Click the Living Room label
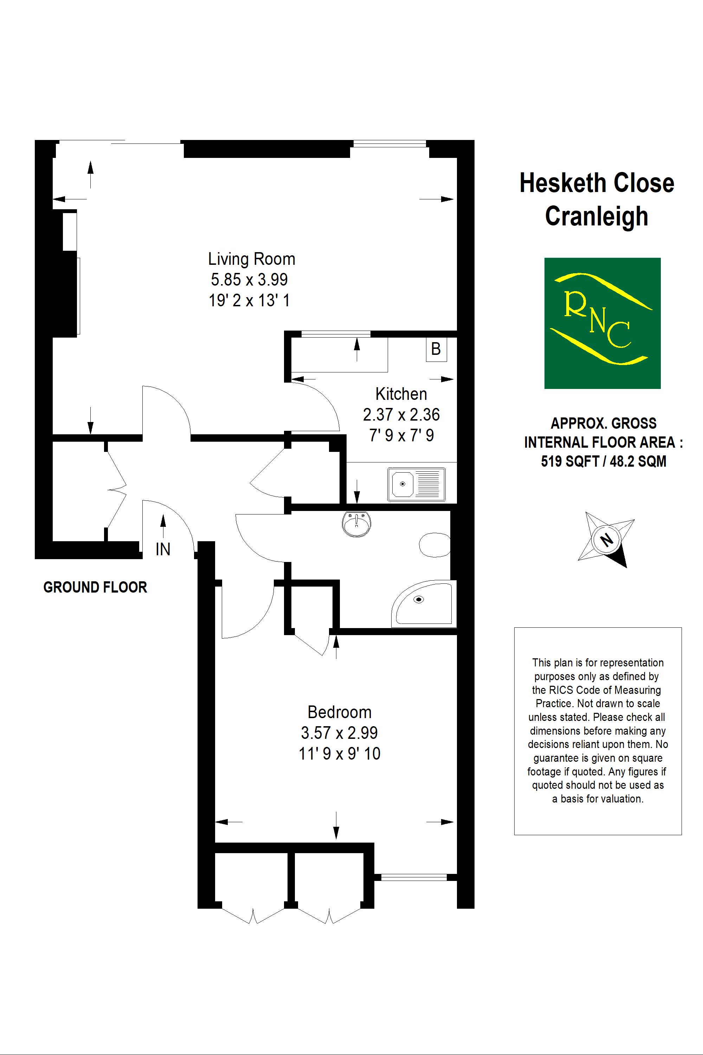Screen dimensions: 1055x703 click(x=252, y=259)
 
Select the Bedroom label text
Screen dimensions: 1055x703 click(x=340, y=712)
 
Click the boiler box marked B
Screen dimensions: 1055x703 click(x=436, y=349)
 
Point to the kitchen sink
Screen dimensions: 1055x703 click(x=417, y=485)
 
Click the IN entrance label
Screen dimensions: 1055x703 click(x=163, y=549)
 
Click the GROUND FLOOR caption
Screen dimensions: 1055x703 click(x=95, y=588)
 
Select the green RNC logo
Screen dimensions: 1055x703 click(x=602, y=323)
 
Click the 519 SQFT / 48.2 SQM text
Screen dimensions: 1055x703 click(x=603, y=461)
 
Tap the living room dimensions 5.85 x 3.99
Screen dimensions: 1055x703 click(x=249, y=280)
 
